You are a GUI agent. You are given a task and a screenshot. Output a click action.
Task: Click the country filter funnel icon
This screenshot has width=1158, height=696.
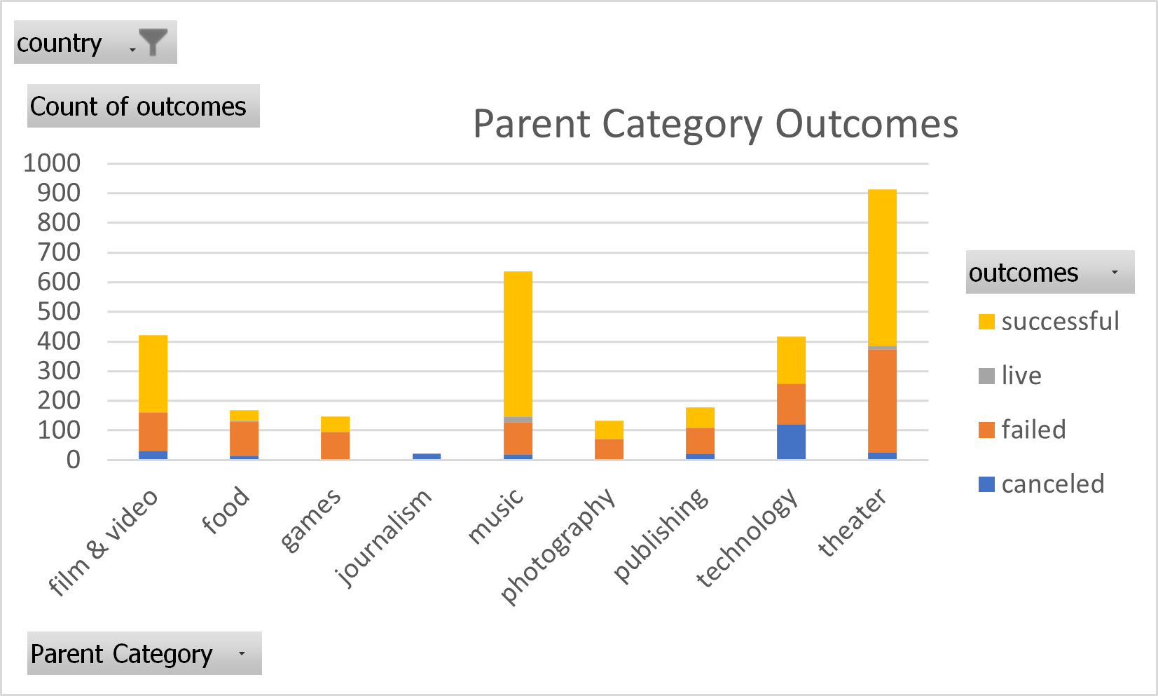tap(153, 42)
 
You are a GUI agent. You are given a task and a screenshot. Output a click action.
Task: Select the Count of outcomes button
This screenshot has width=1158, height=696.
tap(143, 107)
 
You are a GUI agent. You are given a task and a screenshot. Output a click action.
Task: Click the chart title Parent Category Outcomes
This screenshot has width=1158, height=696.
tap(715, 124)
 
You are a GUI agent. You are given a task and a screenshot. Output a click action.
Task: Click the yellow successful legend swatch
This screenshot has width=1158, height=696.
tap(986, 322)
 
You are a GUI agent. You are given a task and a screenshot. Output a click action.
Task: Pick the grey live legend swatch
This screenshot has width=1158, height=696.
tap(986, 376)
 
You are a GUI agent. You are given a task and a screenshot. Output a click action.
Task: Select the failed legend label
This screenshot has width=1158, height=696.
tap(1033, 430)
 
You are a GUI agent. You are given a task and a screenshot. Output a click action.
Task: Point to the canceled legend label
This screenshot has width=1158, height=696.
tap(1052, 484)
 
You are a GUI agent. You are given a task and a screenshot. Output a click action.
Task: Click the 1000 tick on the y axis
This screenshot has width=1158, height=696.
tap(52, 163)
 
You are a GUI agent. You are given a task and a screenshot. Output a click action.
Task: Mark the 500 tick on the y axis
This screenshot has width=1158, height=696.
tap(59, 311)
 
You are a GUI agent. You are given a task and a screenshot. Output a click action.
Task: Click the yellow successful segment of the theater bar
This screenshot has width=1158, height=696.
tap(882, 266)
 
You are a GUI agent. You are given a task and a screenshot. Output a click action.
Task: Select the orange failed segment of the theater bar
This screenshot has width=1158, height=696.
tap(882, 400)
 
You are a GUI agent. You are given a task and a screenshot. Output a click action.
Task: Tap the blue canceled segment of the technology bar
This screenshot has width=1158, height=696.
tap(791, 442)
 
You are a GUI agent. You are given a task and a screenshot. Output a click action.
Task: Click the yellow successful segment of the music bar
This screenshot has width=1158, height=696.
tap(518, 343)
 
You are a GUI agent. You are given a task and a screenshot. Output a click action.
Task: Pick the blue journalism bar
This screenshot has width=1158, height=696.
tap(427, 456)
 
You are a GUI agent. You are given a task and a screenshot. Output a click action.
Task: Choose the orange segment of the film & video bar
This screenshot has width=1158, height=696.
tap(153, 431)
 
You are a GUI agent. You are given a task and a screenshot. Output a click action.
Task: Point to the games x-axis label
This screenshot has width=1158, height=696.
tap(310, 520)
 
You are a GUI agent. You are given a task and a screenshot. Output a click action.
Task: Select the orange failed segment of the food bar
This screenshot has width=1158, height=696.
tap(244, 438)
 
